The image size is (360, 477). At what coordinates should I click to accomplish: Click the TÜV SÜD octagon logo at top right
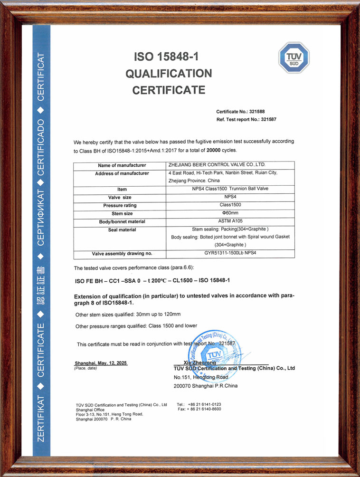click(294, 57)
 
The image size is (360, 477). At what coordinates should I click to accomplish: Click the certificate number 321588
click(265, 111)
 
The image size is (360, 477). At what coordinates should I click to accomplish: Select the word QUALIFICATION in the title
click(169, 73)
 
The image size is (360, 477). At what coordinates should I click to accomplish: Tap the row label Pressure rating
click(120, 205)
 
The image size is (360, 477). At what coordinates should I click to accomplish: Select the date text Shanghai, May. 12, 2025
click(101, 363)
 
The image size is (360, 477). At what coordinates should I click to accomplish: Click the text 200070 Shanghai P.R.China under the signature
click(206, 386)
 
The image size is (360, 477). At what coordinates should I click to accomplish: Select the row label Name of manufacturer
click(120, 165)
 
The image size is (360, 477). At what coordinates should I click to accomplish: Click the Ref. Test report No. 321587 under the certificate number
click(246, 119)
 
